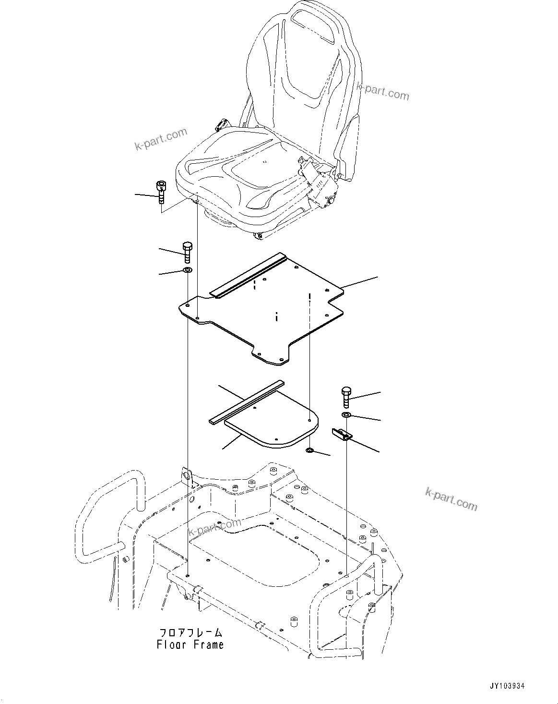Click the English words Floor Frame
190,644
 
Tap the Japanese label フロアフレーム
190,632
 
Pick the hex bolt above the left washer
187,253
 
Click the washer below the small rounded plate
310,451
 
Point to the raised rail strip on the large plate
249,277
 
